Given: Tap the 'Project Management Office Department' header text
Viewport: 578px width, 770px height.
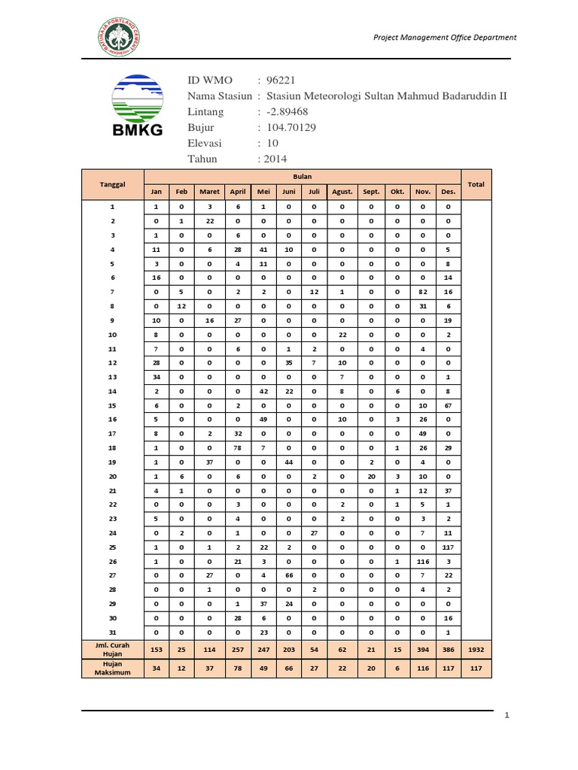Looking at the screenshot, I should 446,37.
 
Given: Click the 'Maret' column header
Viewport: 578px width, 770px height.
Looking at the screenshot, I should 210,192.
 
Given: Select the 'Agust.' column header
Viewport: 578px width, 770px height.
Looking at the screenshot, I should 342,192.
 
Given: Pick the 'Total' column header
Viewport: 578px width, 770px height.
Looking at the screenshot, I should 476,184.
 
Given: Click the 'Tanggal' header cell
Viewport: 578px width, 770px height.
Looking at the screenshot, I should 113,184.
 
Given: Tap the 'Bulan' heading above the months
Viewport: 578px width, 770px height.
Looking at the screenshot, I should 303,176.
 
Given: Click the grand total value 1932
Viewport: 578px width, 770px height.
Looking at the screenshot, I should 476,648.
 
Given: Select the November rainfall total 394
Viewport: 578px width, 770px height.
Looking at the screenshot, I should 422,648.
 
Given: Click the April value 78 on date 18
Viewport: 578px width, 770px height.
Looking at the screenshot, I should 237,449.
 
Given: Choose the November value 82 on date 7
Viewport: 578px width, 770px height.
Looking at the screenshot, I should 422,291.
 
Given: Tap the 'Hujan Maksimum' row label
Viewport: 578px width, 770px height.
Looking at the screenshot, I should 113,668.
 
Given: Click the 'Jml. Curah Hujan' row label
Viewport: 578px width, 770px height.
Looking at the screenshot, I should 113,648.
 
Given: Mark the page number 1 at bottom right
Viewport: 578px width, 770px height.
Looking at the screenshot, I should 507,716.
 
